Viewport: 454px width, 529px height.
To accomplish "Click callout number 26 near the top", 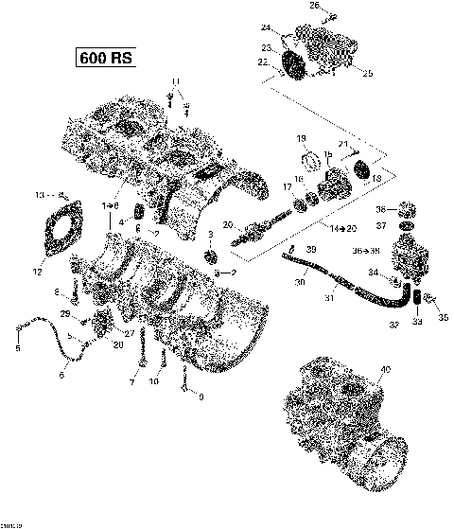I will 316,7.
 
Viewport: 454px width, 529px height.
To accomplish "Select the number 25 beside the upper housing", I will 368,74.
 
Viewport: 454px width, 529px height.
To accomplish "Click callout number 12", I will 38,273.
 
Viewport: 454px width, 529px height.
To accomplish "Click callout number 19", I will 302,138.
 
